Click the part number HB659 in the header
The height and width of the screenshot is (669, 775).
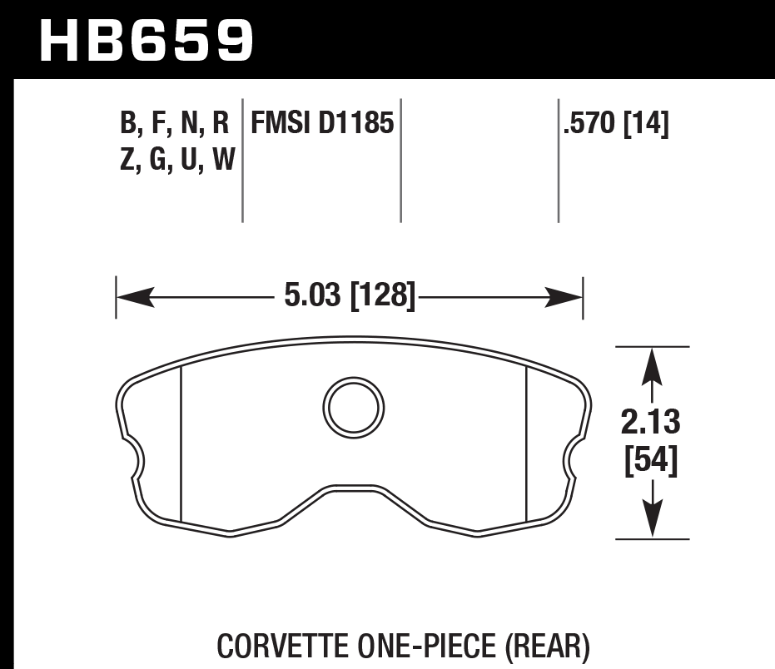click(x=147, y=40)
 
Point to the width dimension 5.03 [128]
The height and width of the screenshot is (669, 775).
click(x=349, y=296)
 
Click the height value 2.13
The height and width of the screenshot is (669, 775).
click(x=651, y=424)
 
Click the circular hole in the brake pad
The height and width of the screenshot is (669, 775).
click(x=354, y=406)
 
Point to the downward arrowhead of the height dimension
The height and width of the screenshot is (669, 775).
click(x=652, y=521)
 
